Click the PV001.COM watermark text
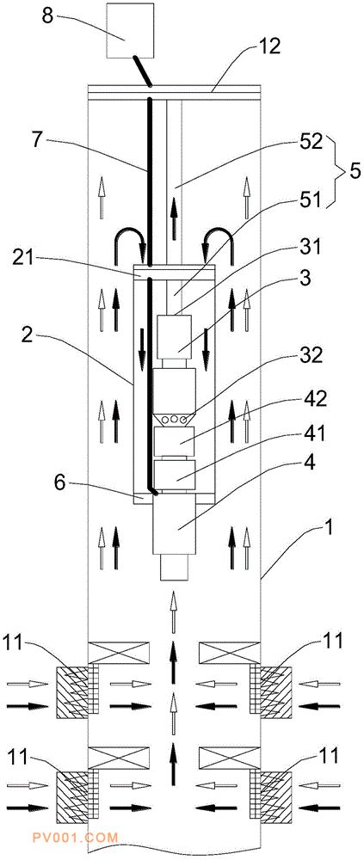pyautogui.click(x=83, y=838)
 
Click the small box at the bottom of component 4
pyautogui.click(x=176, y=567)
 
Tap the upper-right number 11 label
pyautogui.click(x=329, y=640)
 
